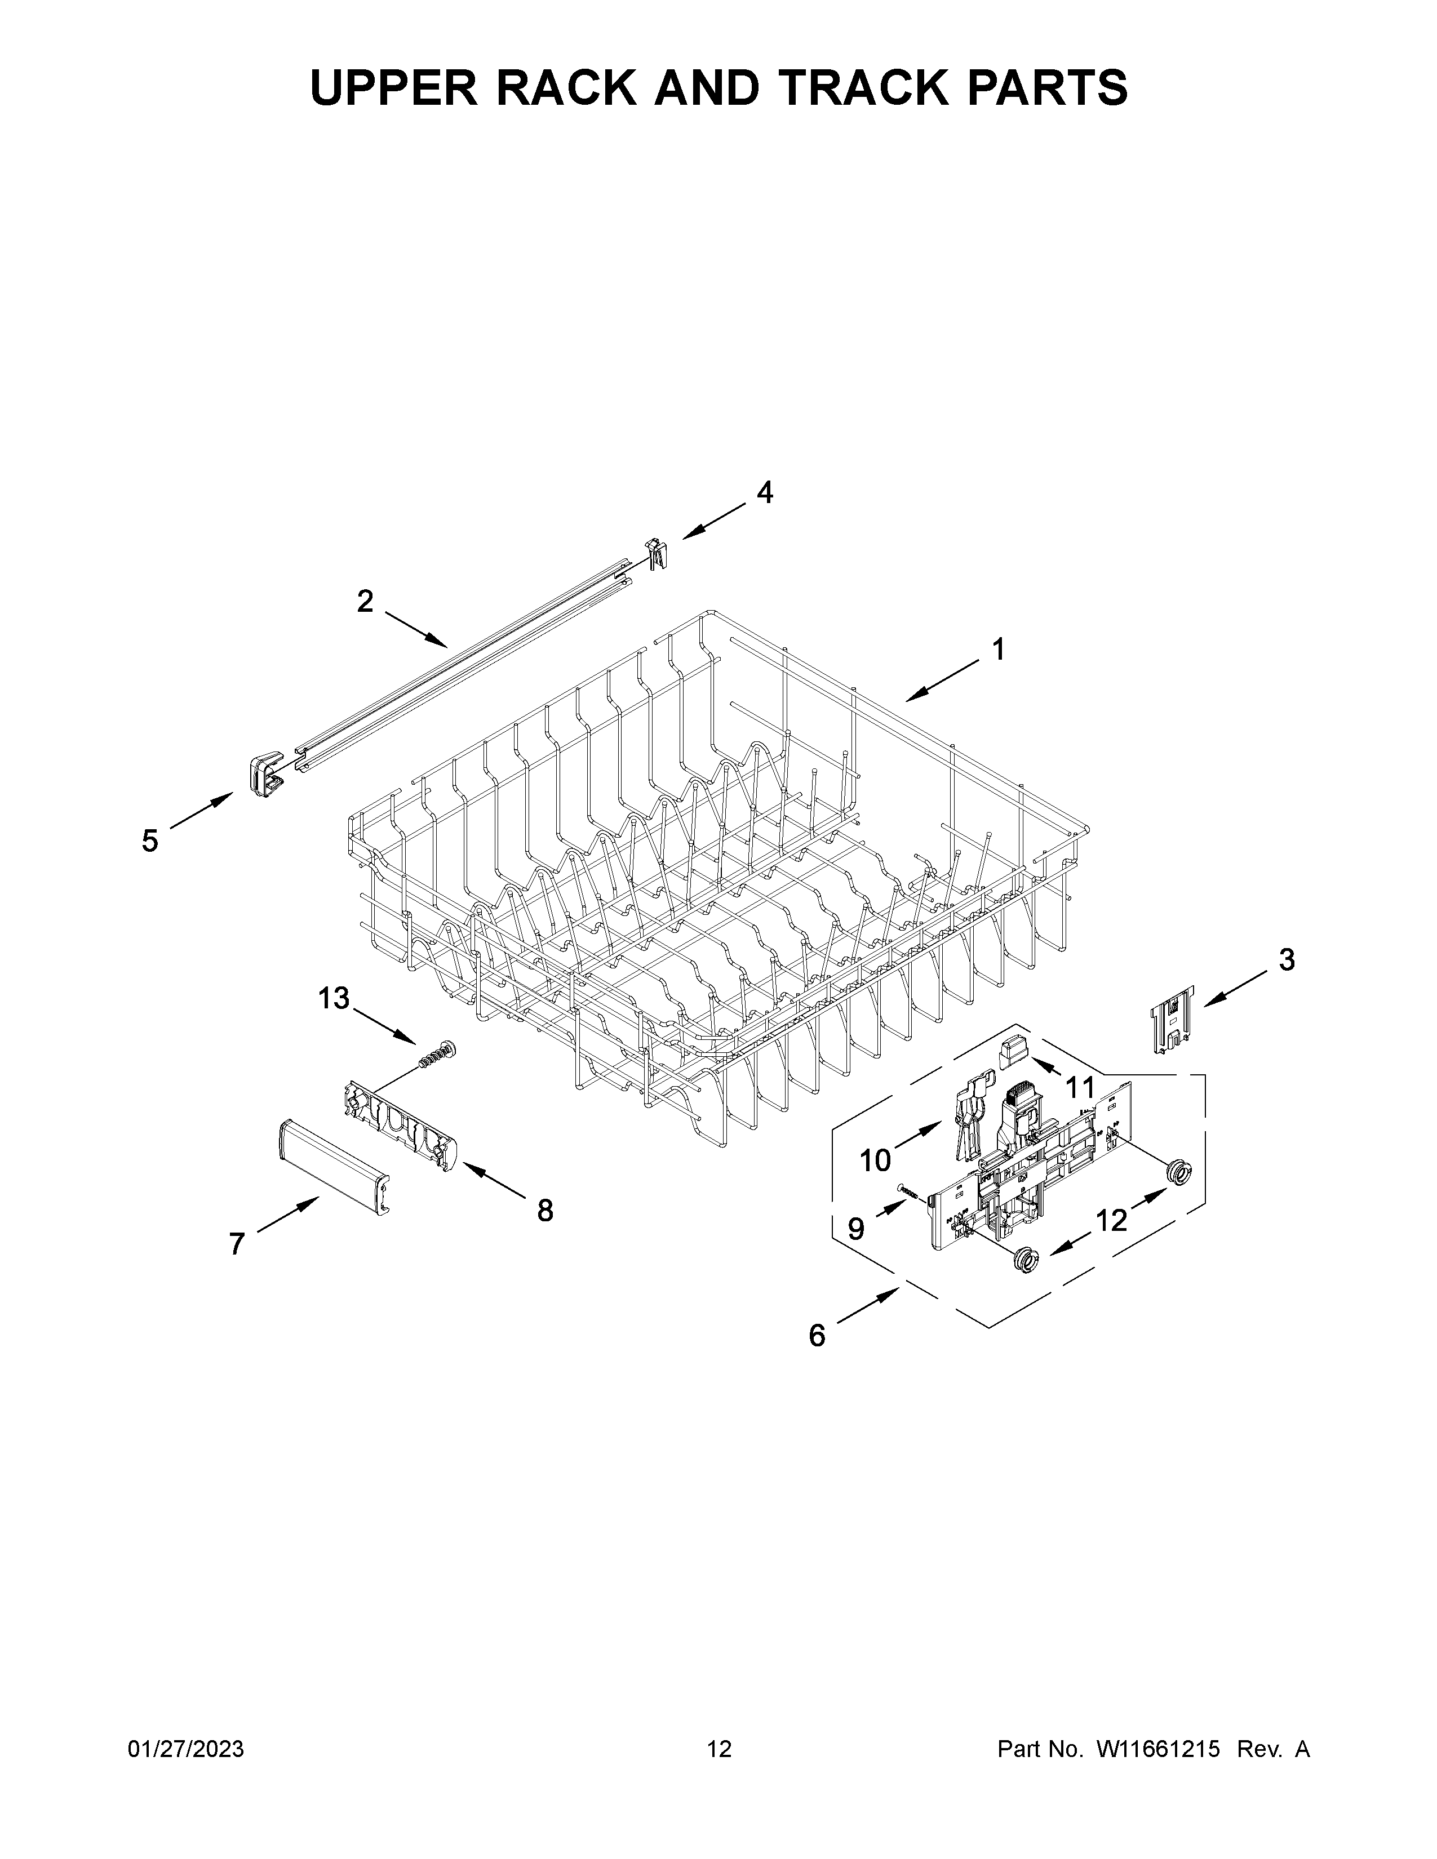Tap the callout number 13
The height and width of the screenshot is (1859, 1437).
334,998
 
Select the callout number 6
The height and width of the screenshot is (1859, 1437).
817,1336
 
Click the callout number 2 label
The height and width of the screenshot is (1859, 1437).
365,602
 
